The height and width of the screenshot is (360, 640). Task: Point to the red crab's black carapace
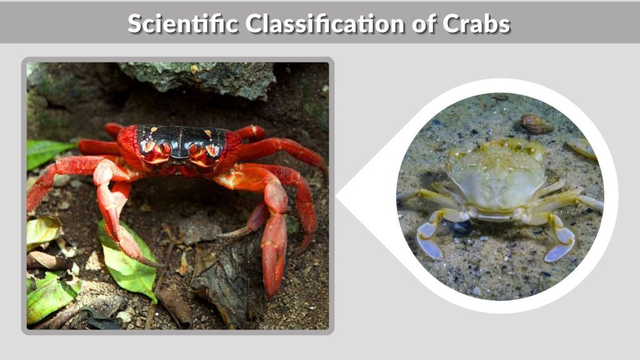[181, 137]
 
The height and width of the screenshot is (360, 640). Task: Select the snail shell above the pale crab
[537, 124]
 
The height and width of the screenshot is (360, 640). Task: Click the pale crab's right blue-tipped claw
[561, 244]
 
